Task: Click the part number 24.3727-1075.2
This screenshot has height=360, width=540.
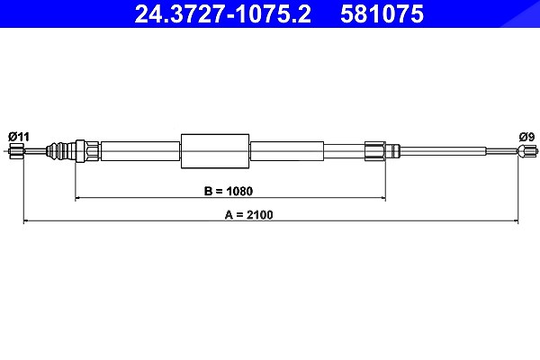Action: (222, 14)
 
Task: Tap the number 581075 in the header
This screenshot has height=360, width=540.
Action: (382, 14)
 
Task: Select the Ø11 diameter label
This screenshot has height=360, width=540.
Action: (19, 137)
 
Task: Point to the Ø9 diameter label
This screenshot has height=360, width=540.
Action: (526, 137)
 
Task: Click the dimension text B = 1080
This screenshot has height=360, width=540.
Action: (229, 191)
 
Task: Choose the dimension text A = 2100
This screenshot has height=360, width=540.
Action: (248, 214)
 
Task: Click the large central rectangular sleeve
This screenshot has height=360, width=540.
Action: (215, 151)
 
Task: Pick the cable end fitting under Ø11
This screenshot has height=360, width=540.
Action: (16, 151)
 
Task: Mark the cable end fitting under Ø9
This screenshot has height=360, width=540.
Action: (526, 151)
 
